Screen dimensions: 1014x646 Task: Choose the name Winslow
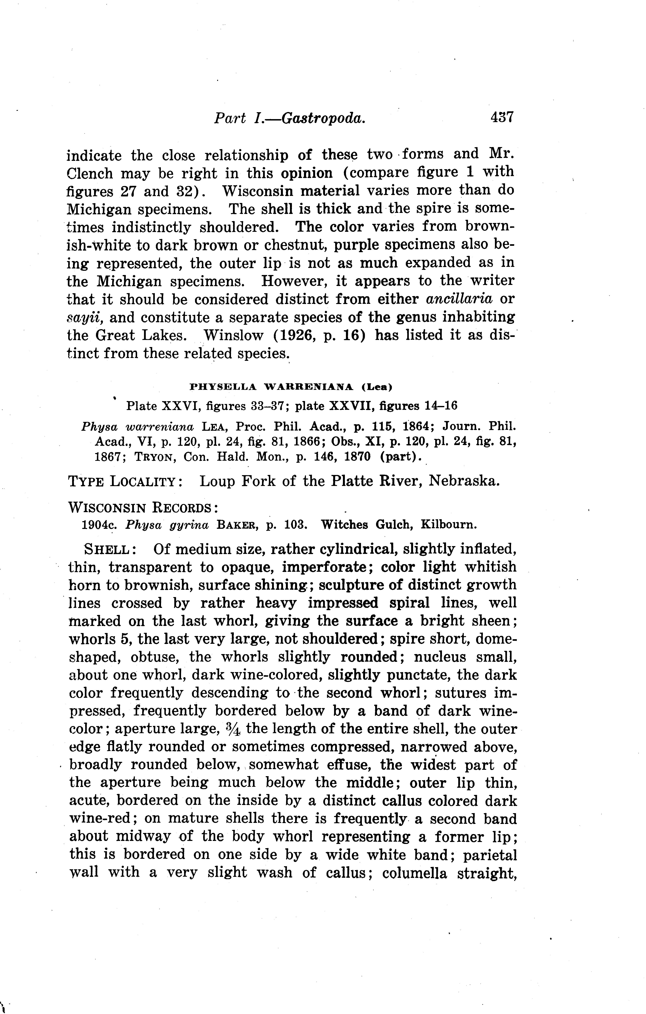pos(234,335)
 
